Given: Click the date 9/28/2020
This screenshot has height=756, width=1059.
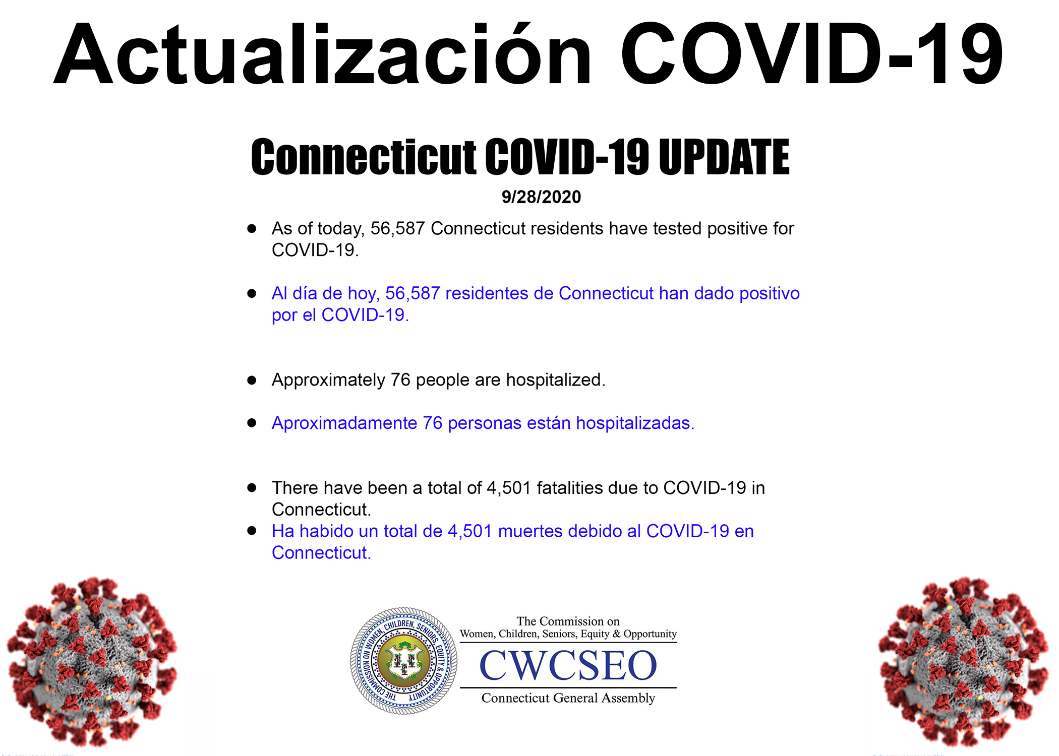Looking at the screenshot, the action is [x=541, y=197].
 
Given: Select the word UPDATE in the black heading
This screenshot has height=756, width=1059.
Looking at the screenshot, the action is [x=724, y=157].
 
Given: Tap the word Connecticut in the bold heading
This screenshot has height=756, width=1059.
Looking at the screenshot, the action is [x=364, y=157].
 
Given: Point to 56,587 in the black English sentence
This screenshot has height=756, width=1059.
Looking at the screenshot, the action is [x=397, y=228].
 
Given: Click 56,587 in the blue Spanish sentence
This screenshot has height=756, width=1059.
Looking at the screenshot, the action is [x=413, y=293].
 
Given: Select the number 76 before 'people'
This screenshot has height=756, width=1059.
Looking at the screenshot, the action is [x=400, y=380].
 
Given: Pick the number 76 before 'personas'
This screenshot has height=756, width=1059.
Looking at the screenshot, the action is [x=433, y=423].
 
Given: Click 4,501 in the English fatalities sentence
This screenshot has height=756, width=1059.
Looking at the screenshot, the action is [x=508, y=488].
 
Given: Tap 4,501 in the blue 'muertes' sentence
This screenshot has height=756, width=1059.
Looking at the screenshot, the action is [x=469, y=531].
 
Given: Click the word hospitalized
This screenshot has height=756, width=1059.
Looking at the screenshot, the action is [x=555, y=380].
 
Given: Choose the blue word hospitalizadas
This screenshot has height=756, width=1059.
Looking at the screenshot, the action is [x=635, y=423].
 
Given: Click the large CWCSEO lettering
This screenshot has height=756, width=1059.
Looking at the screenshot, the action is [x=568, y=665].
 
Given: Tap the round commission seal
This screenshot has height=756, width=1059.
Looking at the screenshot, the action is [x=404, y=661].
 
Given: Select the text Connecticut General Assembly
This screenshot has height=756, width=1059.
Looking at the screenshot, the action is [x=568, y=698].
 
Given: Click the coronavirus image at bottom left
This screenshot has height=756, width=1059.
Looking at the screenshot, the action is [x=92, y=661].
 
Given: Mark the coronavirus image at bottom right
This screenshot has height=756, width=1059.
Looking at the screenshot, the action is [x=964, y=661].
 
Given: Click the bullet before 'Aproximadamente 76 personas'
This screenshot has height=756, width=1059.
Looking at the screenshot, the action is [x=252, y=423].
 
